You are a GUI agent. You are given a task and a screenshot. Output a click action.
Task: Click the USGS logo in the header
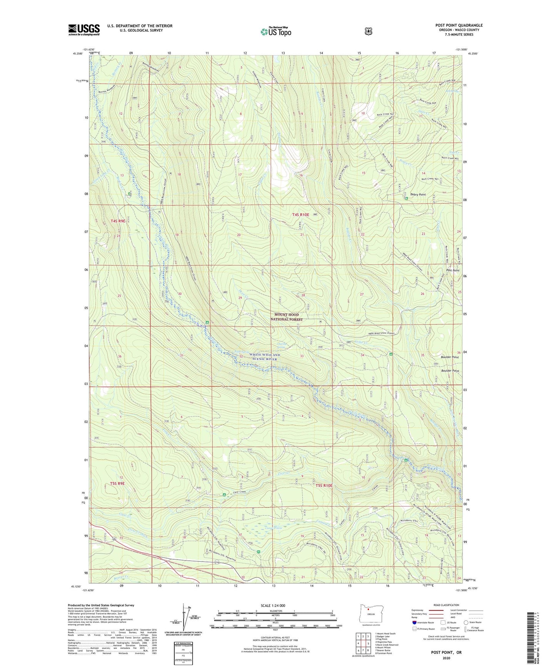tap(84, 30)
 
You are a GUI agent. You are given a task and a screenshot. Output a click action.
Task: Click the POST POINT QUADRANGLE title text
tap(459, 25)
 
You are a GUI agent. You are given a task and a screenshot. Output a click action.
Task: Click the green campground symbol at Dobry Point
tap(406, 199)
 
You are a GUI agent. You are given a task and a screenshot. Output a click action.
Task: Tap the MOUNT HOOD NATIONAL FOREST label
tap(286, 317)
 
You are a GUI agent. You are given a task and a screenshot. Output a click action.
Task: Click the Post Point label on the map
tap(452, 271)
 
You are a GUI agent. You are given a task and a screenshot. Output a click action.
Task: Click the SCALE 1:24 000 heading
tap(273, 605)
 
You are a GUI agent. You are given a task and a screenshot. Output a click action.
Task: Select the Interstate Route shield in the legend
tap(414, 622)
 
